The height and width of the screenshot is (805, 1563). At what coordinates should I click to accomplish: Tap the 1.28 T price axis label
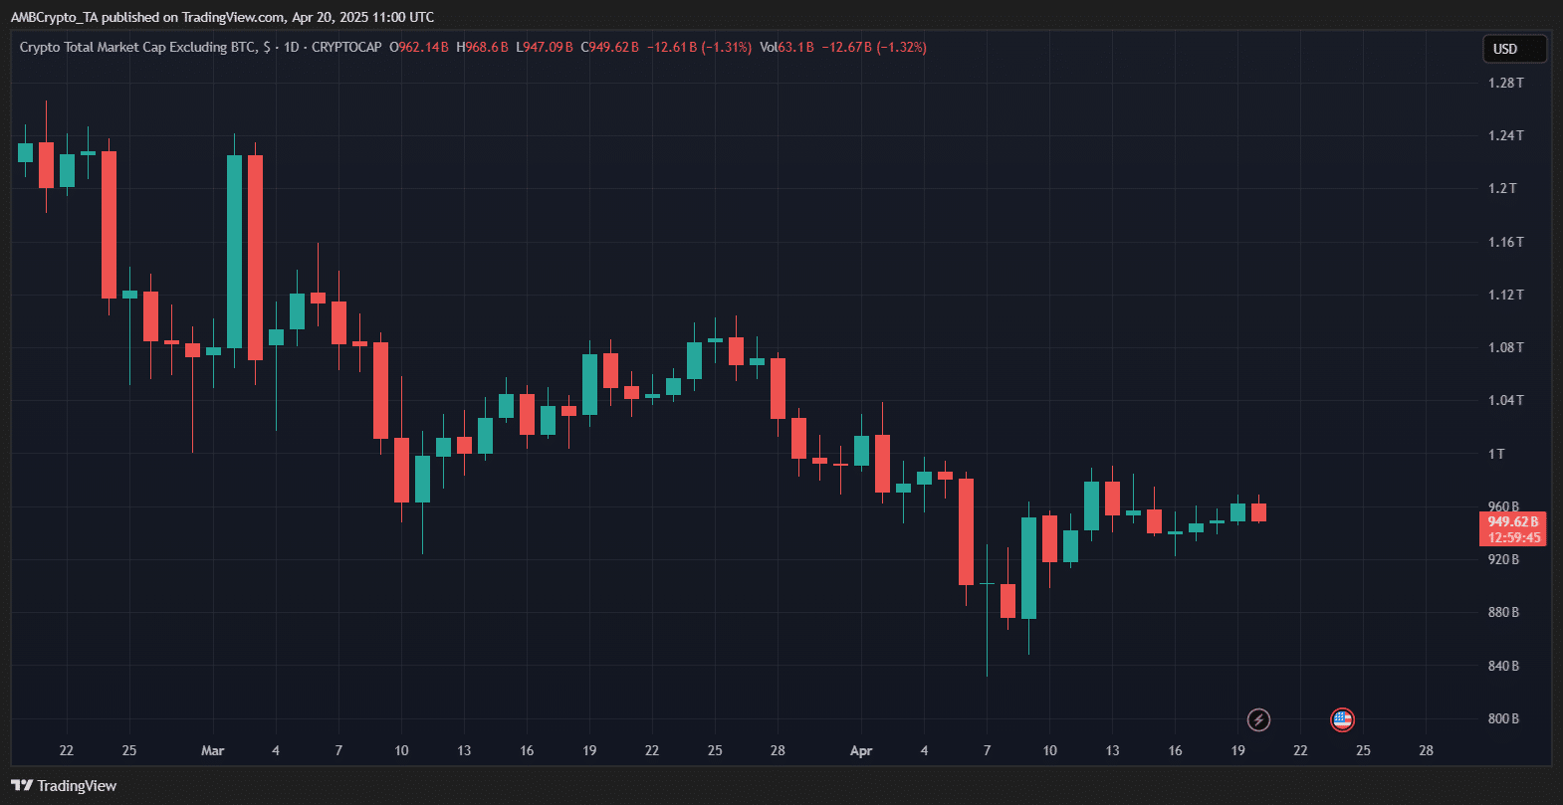coord(1505,83)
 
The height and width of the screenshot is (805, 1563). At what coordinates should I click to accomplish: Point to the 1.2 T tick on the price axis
coord(1502,188)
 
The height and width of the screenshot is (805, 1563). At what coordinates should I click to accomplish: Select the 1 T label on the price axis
coord(1496,454)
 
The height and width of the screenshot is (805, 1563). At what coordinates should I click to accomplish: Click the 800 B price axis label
coord(1503,718)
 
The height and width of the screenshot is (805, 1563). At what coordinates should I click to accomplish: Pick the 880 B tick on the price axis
coord(1503,612)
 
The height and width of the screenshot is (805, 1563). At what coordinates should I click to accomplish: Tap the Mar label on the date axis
coord(212,750)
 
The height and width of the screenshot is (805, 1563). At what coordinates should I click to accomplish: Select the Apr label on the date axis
coord(861,750)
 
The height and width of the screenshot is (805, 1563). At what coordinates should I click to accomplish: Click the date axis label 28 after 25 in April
coord(1426,750)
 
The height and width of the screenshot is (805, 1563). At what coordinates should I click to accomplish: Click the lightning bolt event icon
coord(1258,719)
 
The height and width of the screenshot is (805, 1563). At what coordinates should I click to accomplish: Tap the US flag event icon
coord(1342,719)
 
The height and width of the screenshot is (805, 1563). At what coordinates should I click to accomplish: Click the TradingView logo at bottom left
coord(65,786)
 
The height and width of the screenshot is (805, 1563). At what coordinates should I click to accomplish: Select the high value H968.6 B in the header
coord(483,47)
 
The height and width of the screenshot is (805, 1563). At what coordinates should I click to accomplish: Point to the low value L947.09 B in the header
coord(545,47)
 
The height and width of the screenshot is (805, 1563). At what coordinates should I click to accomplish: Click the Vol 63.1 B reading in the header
coord(786,47)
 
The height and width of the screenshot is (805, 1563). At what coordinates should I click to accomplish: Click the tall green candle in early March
coord(234,251)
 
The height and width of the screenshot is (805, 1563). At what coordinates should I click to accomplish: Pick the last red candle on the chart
coord(1258,512)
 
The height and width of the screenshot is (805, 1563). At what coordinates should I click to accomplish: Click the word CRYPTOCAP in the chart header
coord(346,47)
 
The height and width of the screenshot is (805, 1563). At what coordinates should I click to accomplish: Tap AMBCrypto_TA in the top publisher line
coord(54,17)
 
